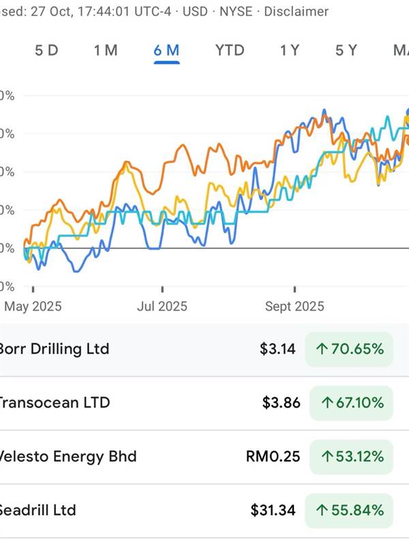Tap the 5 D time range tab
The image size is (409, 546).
pos(47,50)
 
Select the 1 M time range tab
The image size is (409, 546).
pos(106,50)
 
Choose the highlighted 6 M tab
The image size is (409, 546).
pos(167,50)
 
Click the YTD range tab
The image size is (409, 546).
pos(230,50)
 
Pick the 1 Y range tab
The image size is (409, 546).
pos(289,50)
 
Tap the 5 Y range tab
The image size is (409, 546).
pos(346,50)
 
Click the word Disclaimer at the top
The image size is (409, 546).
pos(296,12)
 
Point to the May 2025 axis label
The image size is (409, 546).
pos(33,306)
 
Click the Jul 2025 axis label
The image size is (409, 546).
pos(162,306)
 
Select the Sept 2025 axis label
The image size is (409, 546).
pos(294,306)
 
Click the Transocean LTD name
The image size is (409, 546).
pos(53,403)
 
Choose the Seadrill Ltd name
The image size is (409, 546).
pos(38,510)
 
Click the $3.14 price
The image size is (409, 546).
pos(277,349)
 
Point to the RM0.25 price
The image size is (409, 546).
pos(272,457)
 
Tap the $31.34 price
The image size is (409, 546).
pos(273,510)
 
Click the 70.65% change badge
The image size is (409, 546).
pos(350,349)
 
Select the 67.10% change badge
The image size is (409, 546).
pos(352,403)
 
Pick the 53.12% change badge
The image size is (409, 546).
pos(352,457)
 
